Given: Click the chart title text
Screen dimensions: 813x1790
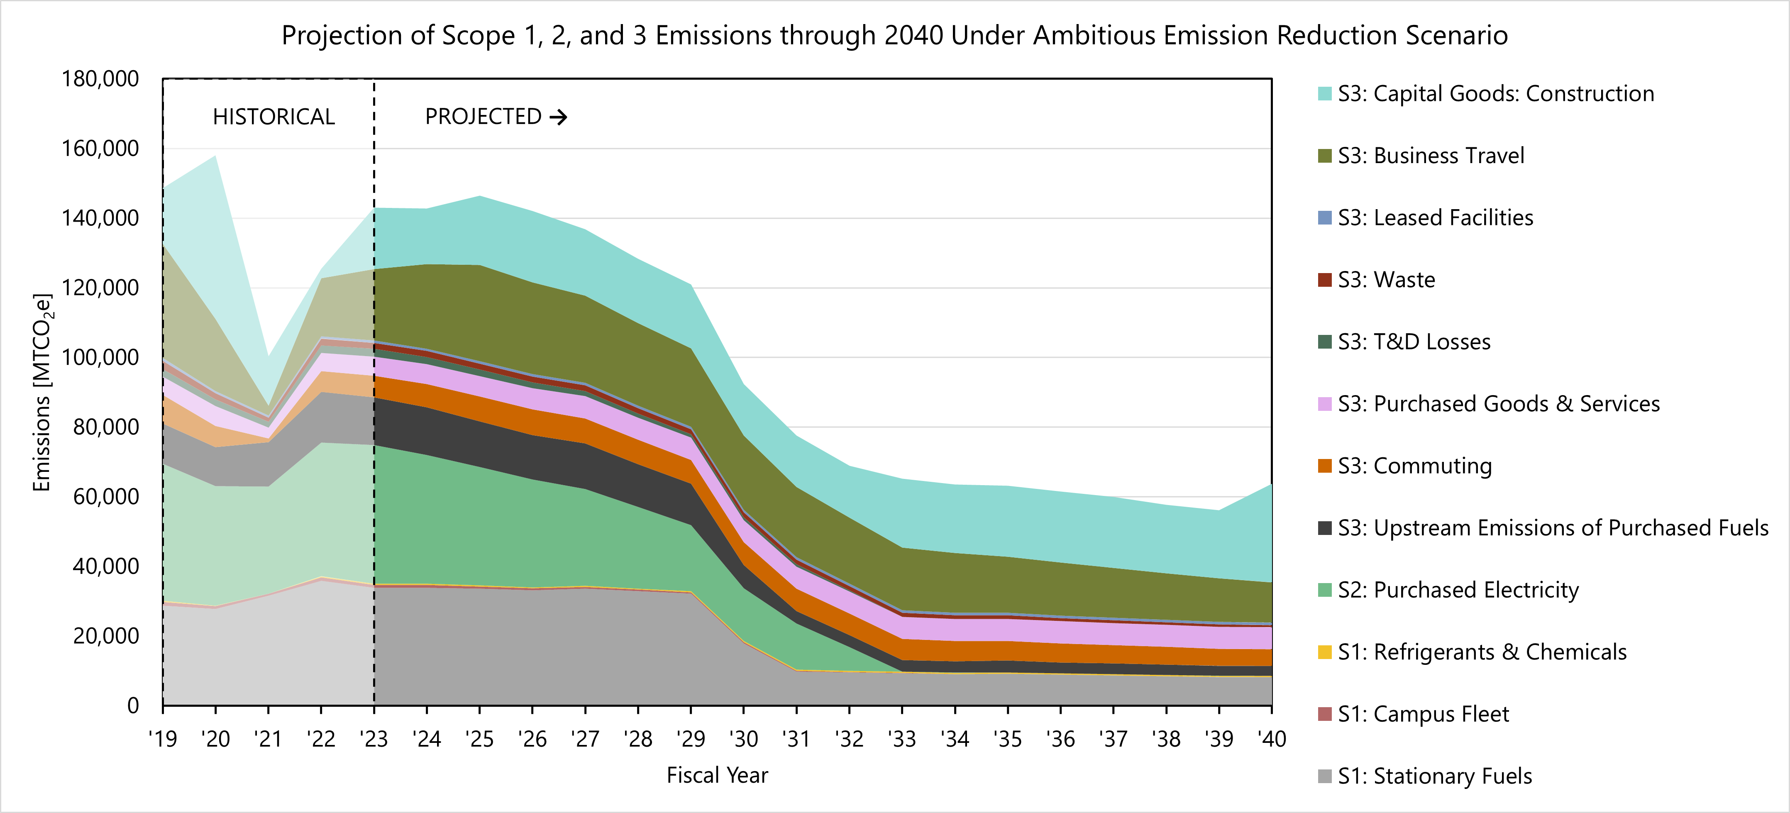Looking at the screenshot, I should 894,35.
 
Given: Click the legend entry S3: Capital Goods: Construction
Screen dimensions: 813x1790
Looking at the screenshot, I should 1495,94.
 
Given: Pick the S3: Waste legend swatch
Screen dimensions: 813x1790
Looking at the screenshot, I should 1324,280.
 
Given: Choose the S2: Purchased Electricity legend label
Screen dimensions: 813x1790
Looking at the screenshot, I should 1458,590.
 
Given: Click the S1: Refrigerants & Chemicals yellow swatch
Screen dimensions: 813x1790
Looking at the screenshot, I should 1324,652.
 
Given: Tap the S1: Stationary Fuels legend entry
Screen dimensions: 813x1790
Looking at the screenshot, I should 1434,776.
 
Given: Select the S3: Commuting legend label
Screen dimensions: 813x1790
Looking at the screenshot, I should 1415,466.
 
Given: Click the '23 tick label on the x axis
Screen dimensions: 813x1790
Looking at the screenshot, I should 374,739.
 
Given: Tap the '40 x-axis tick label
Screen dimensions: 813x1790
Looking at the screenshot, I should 1272,739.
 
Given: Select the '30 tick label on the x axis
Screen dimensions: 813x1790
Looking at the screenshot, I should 744,739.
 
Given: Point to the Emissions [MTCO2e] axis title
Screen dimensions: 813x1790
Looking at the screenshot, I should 42,393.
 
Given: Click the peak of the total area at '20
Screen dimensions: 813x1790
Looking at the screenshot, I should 215,156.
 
